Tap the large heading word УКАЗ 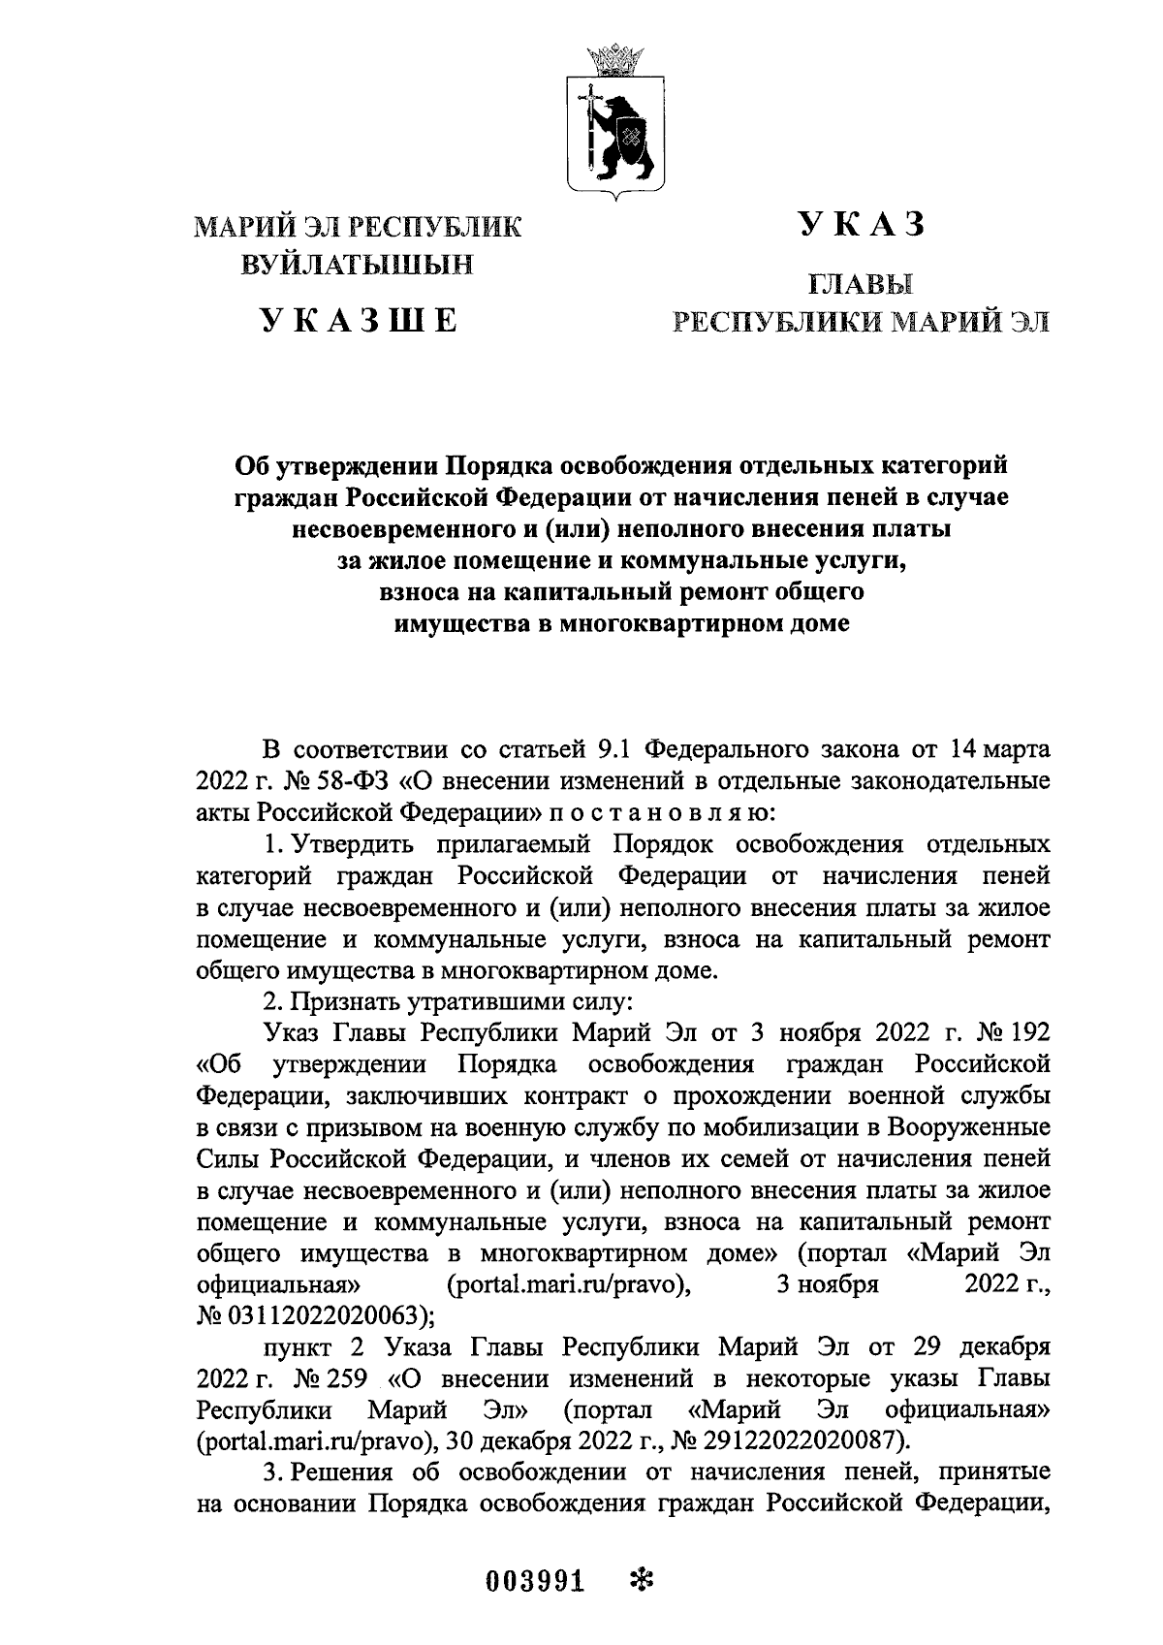861,224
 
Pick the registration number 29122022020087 811,1435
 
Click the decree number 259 346,1376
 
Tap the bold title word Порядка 502,466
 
